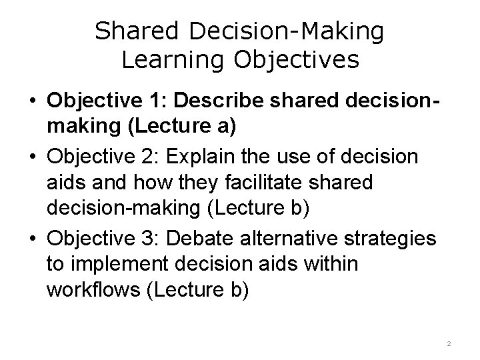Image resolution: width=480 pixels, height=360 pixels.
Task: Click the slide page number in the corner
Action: (x=449, y=343)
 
